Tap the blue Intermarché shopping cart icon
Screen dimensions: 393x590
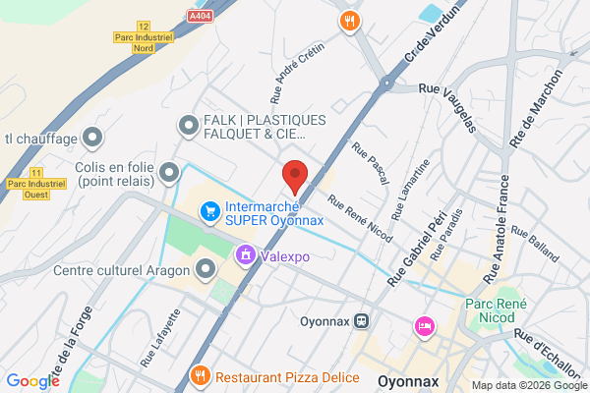click(208, 211)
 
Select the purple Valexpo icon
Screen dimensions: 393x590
click(243, 256)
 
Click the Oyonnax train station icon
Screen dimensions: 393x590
click(362, 320)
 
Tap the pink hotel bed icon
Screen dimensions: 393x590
click(424, 325)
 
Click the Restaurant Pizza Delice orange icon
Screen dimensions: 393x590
click(200, 375)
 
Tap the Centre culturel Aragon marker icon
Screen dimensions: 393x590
click(206, 268)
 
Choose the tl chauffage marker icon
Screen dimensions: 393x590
click(93, 137)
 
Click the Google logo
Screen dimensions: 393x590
click(32, 381)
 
